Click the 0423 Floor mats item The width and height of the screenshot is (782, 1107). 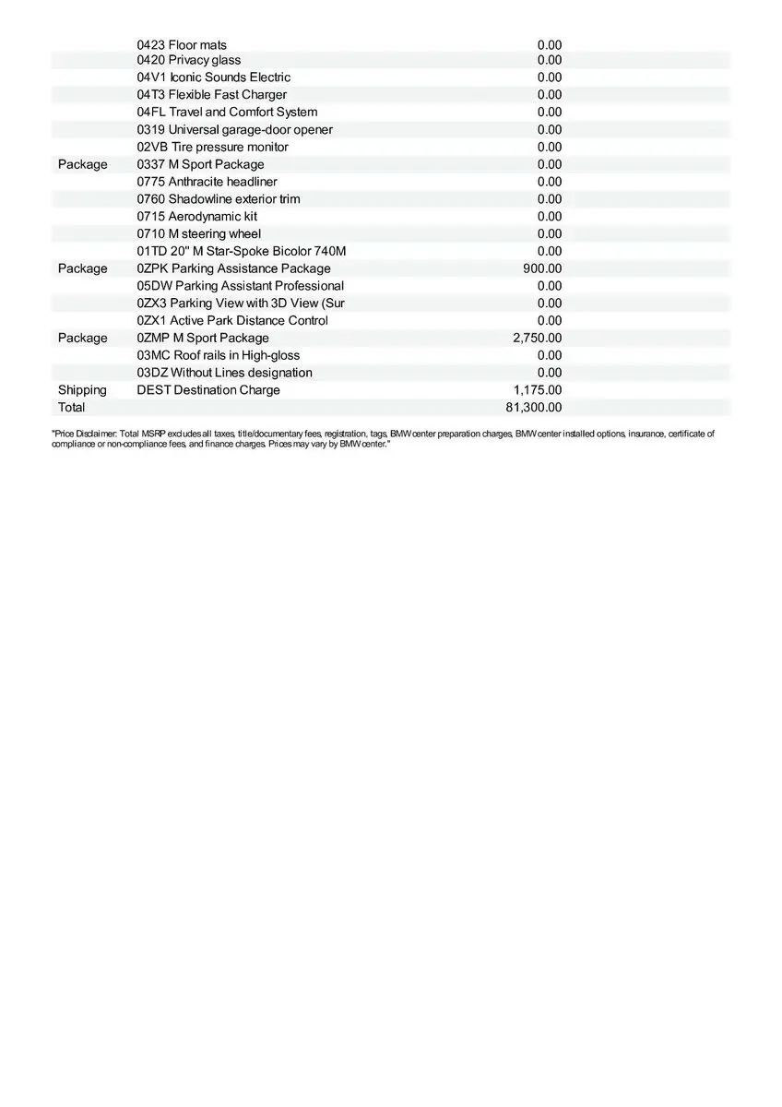182,45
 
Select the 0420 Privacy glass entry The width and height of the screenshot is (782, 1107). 189,60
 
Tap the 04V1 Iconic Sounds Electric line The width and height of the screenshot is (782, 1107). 213,77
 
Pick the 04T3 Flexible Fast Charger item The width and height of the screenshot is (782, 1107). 211,95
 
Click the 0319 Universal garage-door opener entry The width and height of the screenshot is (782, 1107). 234,130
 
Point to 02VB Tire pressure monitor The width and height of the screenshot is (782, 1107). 212,148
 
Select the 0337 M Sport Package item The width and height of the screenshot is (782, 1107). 200,164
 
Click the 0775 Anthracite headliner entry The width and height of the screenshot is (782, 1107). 207,182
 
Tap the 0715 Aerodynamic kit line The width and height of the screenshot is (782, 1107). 196,217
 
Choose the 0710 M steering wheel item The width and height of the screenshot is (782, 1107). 198,234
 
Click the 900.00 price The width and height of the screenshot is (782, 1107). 542,268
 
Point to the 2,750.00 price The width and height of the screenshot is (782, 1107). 537,339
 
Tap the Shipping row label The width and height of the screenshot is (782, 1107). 82,390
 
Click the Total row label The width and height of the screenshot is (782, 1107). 71,408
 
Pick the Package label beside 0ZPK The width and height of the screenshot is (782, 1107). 82,268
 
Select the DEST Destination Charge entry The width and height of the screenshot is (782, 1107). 207,390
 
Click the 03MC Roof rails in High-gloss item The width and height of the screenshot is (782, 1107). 218,355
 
